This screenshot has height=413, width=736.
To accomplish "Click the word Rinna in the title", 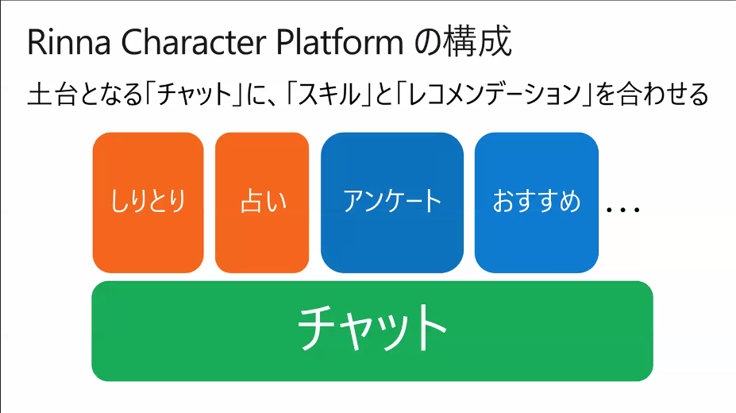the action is pos(69,43).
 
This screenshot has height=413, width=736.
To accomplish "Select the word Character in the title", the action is pos(195,43).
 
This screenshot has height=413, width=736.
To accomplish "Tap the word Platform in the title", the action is pos(340,43).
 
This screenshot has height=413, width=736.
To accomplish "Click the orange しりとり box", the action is pos(148,203).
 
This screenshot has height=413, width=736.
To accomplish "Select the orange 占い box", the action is pos(262,203).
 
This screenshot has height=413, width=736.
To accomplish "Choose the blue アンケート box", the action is pos(392,203).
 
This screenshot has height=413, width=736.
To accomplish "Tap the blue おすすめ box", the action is pos(537,203).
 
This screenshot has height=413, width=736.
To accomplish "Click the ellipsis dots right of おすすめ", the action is pos(623,210).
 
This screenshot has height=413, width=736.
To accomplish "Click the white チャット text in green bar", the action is pos(372,328).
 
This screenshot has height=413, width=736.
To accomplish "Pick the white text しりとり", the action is pos(148,202).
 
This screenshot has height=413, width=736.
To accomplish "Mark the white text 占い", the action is pos(263,202).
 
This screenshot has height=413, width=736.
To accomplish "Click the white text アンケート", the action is pos(392,202).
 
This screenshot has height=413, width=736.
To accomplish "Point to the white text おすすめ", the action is pos(537,202).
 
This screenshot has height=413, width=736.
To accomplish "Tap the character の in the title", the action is pos(426,43).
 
